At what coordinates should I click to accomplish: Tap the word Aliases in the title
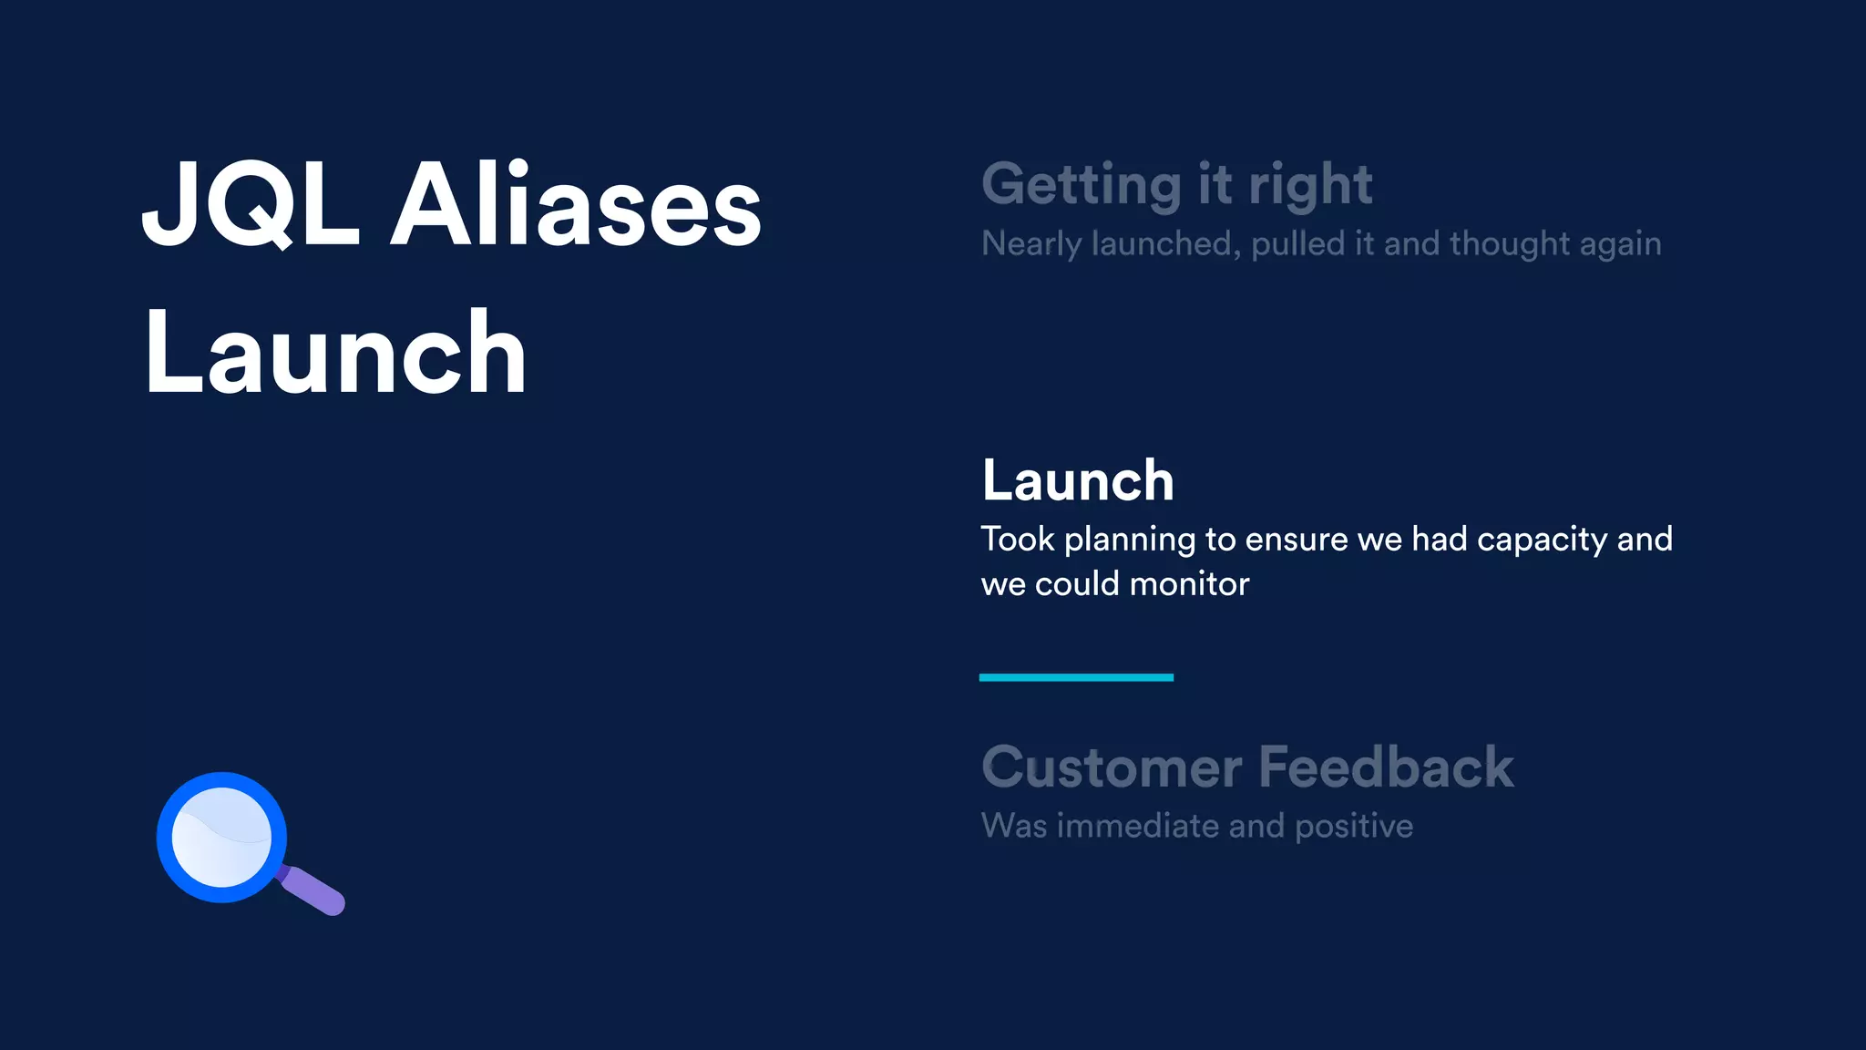click(576, 205)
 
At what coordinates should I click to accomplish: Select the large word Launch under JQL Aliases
click(335, 353)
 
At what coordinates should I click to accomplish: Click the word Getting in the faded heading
click(1082, 186)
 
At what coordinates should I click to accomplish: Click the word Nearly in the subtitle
click(1031, 244)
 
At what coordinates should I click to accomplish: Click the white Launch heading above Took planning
click(1078, 480)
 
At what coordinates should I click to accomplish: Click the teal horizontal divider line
click(1076, 677)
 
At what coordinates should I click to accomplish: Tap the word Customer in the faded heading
click(1112, 767)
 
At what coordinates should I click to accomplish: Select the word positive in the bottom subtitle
click(1354, 827)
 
